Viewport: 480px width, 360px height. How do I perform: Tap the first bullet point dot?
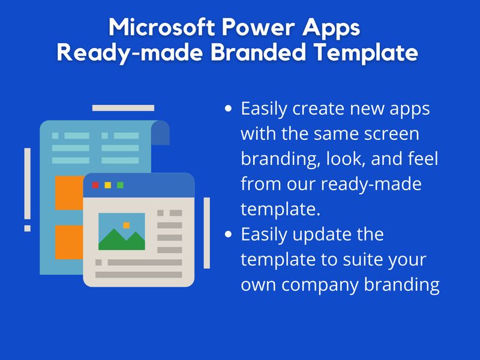(x=227, y=110)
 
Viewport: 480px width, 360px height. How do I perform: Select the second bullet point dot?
(x=227, y=235)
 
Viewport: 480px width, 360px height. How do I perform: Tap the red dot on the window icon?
(x=95, y=185)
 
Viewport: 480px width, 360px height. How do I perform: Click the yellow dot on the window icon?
(x=108, y=185)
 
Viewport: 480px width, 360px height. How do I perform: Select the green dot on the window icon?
(x=120, y=185)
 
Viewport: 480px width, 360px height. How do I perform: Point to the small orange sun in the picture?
(x=126, y=225)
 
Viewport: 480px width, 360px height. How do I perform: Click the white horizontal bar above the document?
(x=123, y=108)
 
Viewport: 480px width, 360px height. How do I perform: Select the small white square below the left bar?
(x=27, y=228)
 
